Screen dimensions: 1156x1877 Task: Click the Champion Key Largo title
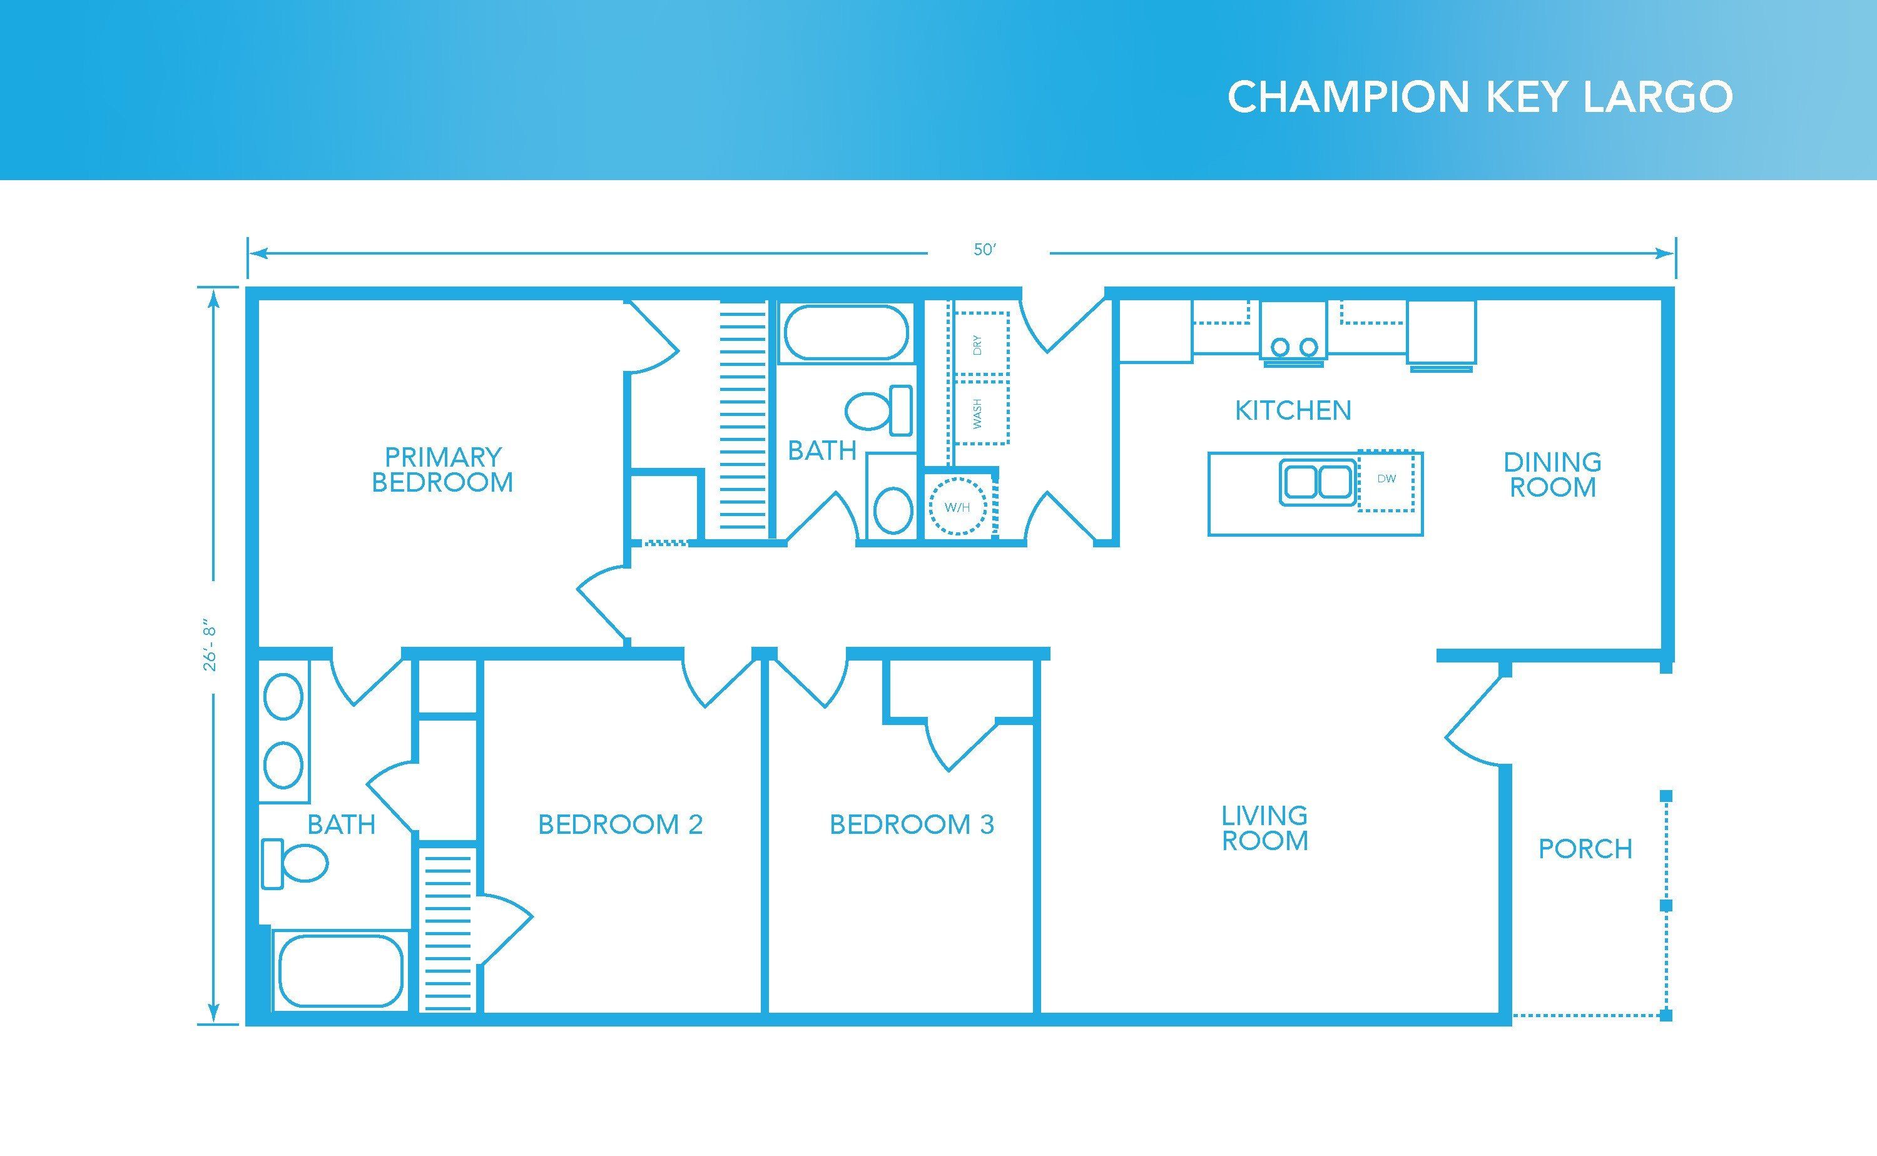coord(1480,97)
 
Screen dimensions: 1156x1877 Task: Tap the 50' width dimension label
coord(985,250)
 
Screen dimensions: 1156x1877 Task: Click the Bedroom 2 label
coord(620,824)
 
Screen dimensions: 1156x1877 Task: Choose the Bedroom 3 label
coord(912,824)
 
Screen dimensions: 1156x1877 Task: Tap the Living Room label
coord(1264,828)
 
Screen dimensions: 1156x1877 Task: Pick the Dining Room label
coord(1552,474)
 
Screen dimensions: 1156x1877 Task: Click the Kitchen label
coord(1293,410)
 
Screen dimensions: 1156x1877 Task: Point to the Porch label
coord(1585,849)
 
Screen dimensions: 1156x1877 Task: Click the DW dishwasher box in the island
coord(1386,479)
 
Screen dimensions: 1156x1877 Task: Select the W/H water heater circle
coord(957,506)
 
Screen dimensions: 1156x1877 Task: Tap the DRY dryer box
coord(979,344)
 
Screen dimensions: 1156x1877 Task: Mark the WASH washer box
coord(979,413)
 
